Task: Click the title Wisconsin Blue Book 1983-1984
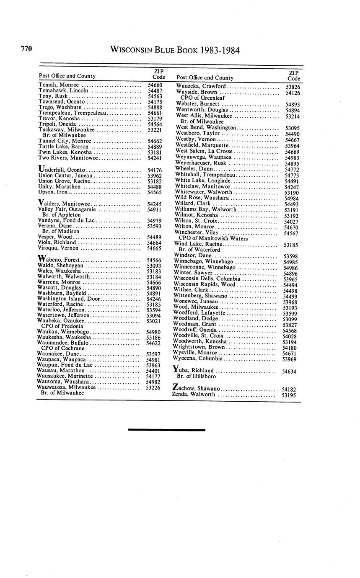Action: click(175, 51)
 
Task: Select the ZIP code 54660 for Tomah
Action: click(155, 85)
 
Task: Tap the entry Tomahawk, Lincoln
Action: click(63, 90)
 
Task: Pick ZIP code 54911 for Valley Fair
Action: click(155, 209)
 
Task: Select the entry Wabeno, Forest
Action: click(59, 259)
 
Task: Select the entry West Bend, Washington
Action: click(206, 127)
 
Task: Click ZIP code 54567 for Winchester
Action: click(291, 233)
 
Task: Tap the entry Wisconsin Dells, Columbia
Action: click(207, 279)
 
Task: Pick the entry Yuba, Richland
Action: click(194, 370)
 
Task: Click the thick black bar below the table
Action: click(166, 429)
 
